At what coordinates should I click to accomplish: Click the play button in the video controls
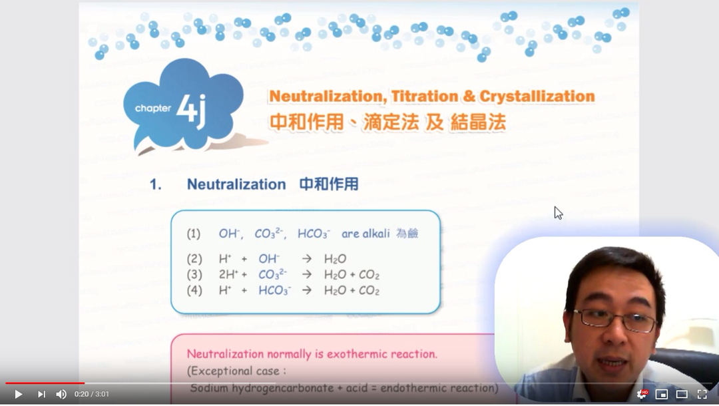[x=19, y=394]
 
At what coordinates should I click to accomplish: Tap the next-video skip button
[x=41, y=394]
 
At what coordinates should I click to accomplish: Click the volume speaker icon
[x=61, y=394]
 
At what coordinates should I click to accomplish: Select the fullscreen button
[x=702, y=394]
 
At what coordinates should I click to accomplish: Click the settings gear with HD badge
[x=642, y=394]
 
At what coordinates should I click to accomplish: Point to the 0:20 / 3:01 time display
[x=92, y=394]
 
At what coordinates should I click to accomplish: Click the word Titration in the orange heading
[x=424, y=97]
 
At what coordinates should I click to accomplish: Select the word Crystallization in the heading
[x=537, y=97]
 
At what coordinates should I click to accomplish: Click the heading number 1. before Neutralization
[x=155, y=184]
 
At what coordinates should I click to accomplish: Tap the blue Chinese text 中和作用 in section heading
[x=329, y=184]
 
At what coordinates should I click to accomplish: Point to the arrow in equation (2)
[x=307, y=259]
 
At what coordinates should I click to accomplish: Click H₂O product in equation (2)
[x=335, y=260]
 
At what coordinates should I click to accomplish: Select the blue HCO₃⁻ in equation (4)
[x=275, y=291]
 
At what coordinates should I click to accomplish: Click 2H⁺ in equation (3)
[x=228, y=274]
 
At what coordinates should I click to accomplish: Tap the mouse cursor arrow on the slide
[x=558, y=213]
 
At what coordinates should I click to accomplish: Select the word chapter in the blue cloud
[x=152, y=108]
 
